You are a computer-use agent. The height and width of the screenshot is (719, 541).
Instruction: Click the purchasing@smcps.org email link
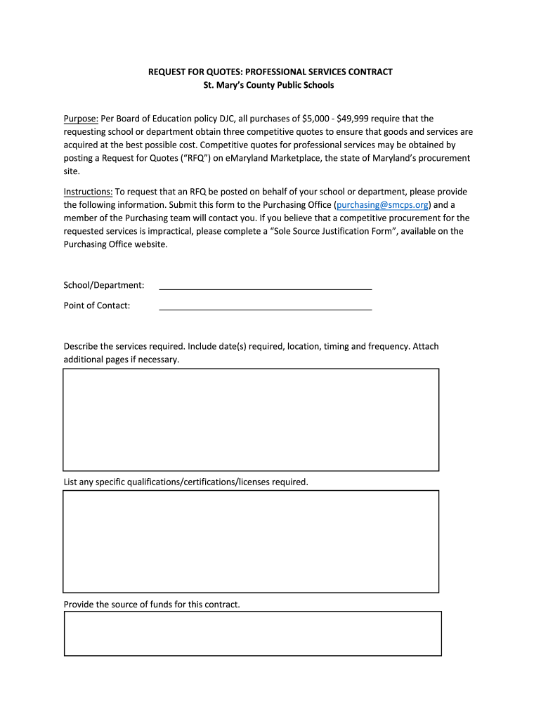click(383, 204)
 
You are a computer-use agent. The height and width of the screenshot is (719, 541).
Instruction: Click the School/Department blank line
click(266, 286)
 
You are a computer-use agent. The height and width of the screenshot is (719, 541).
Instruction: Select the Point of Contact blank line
click(266, 307)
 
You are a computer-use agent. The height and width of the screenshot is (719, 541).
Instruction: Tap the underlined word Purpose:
click(81, 119)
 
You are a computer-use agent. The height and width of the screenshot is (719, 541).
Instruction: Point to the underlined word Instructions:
click(88, 192)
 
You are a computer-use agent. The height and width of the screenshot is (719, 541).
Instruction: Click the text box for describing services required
click(251, 419)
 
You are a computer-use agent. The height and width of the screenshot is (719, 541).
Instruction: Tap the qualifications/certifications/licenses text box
click(251, 541)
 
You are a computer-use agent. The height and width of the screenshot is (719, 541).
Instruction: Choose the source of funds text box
click(252, 633)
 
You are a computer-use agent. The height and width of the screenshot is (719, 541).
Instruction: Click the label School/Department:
click(104, 285)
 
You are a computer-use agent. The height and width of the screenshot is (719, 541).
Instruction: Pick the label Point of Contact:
click(97, 305)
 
